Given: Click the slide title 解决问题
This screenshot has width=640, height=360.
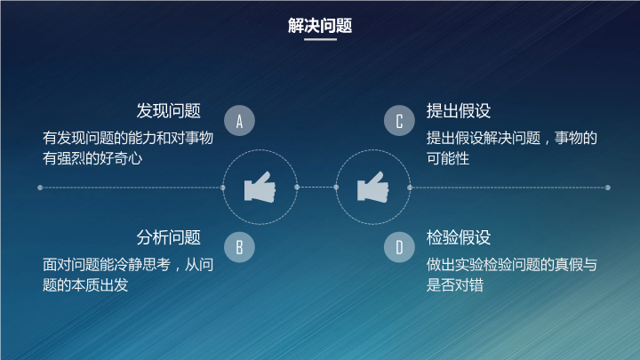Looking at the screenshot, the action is [320, 25].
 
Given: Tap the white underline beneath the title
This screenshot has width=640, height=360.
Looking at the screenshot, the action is [320, 39].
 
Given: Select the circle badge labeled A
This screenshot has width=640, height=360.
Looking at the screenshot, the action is [240, 120].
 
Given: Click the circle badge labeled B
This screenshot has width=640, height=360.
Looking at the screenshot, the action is [240, 247].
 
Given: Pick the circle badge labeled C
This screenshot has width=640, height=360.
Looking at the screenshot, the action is [399, 120].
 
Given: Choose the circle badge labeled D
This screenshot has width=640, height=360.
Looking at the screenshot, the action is [399, 247].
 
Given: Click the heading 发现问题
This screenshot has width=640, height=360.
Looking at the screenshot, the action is [169, 111].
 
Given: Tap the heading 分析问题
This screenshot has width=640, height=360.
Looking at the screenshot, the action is [169, 237].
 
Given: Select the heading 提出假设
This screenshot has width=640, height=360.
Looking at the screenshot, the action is [459, 111].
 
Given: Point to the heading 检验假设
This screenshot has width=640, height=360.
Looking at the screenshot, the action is [459, 237].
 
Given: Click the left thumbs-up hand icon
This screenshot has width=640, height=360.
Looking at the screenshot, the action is [260, 187].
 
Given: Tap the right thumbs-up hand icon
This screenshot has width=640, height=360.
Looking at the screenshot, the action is [372, 187].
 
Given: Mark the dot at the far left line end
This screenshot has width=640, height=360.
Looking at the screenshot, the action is [40, 188].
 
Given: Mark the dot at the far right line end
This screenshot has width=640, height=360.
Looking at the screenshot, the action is [608, 188].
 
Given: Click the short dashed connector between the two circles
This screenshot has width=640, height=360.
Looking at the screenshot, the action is [316, 187].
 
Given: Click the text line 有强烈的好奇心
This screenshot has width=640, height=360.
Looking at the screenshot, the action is [92, 158].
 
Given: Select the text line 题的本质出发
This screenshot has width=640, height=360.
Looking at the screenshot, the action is [85, 285].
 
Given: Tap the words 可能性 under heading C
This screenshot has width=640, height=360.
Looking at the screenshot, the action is [448, 158].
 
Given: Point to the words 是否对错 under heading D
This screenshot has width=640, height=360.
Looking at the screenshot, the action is [455, 285].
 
